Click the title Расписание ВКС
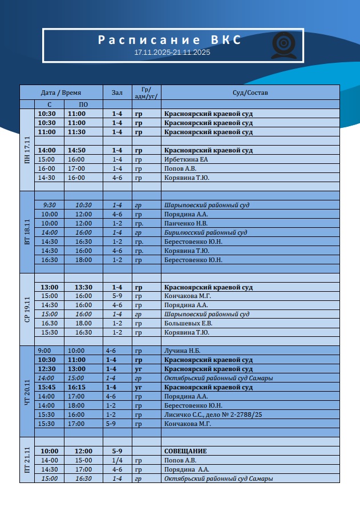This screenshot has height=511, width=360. [169, 41]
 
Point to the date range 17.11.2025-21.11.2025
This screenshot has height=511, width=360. [172, 53]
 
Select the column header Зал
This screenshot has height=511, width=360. [117, 92]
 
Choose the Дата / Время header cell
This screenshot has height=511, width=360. [61, 92]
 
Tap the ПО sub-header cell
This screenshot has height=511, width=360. [83, 104]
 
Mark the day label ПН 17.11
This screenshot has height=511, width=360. [27, 150]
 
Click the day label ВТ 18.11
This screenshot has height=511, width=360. [27, 232]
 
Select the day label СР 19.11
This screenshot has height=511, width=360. [27, 309]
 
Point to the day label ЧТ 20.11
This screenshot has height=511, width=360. [27, 391]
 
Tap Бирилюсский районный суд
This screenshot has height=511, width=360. [205, 232]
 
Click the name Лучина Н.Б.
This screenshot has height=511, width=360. [183, 351]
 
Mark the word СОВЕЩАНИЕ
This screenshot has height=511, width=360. [185, 451]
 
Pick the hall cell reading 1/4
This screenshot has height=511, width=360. [117, 460]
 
